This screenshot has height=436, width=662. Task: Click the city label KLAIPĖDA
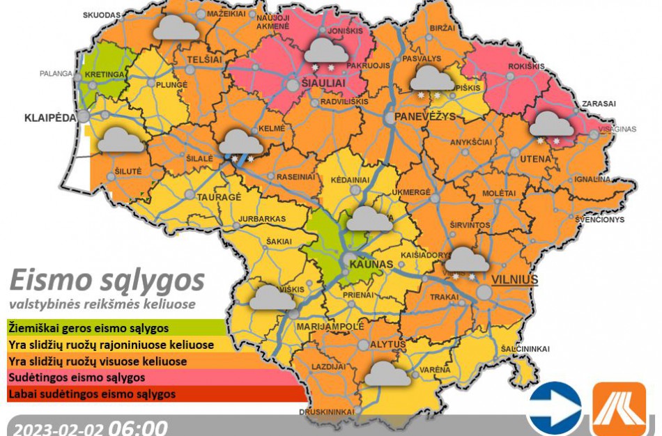click(x=49, y=118)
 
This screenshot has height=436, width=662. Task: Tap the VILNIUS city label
click(x=515, y=279)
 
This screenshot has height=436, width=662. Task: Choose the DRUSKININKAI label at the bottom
click(x=327, y=412)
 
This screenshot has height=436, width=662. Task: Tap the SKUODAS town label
click(x=101, y=15)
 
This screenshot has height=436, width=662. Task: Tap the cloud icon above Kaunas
click(x=369, y=219)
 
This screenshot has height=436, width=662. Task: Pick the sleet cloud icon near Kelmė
click(x=241, y=143)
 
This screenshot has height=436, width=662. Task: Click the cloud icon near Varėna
click(x=387, y=373)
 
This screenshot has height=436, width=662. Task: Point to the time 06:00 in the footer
click(x=137, y=427)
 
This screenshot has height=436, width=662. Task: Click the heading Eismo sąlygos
click(x=107, y=280)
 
